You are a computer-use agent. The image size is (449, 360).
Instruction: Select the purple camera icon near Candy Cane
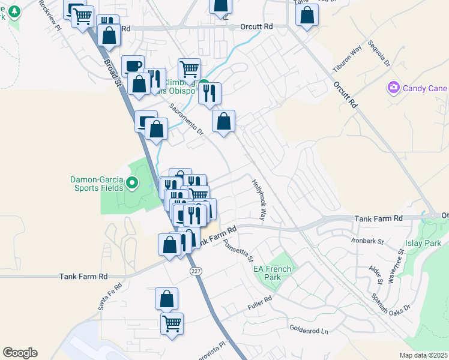tap(394, 88)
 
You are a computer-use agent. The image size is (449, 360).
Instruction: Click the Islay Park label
tap(425, 243)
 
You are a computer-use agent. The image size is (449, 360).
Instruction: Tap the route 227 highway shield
tap(196, 272)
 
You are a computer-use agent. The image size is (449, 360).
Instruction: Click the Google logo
tap(20, 353)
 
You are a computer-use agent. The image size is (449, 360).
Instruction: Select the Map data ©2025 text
tap(424, 355)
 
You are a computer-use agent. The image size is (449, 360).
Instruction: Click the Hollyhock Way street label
tap(259, 200)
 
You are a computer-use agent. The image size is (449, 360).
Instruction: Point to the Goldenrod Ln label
tap(310, 330)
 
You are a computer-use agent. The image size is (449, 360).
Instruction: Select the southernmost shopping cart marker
tap(172, 324)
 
